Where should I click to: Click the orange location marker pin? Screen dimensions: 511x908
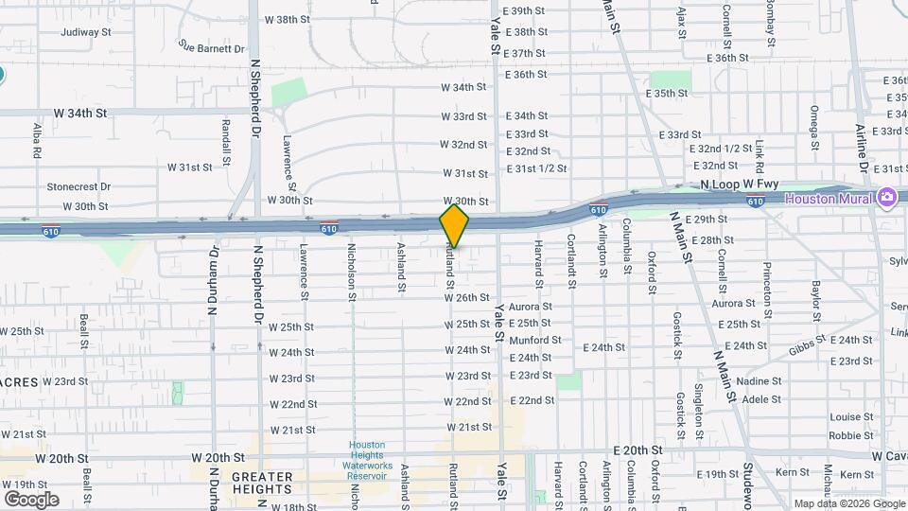click(x=455, y=225)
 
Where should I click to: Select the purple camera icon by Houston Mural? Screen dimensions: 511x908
click(x=886, y=198)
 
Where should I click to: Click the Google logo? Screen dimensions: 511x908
click(x=31, y=499)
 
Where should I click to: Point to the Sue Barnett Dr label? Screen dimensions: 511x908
click(x=212, y=45)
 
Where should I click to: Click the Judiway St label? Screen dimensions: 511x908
click(x=86, y=31)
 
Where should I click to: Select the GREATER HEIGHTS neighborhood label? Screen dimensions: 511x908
click(x=262, y=483)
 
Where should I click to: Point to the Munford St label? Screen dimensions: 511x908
click(x=534, y=340)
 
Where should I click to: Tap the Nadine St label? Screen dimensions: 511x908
click(x=761, y=381)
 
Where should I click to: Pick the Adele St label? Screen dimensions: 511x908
click(x=761, y=399)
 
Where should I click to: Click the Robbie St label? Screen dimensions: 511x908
click(x=850, y=436)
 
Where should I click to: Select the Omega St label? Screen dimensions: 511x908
click(x=813, y=128)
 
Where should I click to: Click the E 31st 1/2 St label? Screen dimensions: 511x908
click(x=536, y=168)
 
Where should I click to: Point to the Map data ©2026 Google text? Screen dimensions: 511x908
click(x=848, y=503)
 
